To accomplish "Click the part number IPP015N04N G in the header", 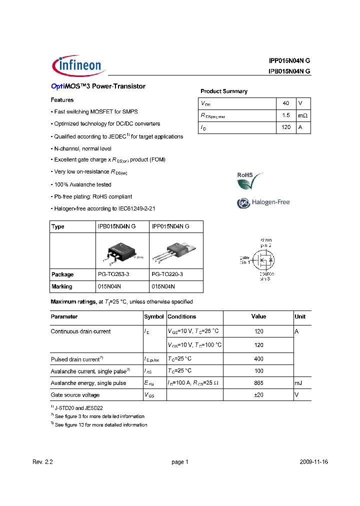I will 289,60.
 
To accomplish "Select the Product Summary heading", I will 223,91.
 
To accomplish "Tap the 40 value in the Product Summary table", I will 286,103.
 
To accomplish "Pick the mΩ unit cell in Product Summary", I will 302,115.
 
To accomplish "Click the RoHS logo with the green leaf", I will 249,180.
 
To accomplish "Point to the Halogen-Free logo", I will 263,202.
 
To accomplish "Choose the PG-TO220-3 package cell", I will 167,274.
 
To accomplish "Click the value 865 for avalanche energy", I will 258,383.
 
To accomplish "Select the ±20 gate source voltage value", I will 258,395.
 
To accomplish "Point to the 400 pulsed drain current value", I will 258,359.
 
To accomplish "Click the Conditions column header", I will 182,316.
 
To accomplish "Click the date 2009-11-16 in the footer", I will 314,462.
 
